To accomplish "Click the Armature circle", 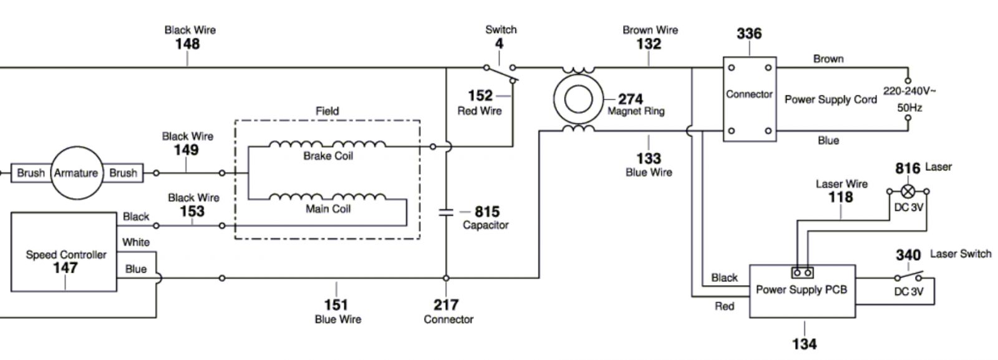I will (x=76, y=173).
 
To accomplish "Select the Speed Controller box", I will (x=64, y=252).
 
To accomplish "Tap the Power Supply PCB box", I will (x=802, y=291).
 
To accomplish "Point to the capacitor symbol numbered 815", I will (x=446, y=212).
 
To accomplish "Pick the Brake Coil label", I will (x=328, y=155).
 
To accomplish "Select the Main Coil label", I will (x=328, y=208).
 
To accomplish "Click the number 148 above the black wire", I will (x=187, y=44).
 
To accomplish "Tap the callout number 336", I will (x=748, y=34).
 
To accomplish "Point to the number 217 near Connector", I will (x=446, y=304).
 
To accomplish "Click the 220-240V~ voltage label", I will (x=909, y=91).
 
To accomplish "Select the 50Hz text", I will (x=909, y=107).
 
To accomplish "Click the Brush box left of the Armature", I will (x=31, y=173).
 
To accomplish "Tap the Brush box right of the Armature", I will (x=123, y=173).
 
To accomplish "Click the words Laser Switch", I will (x=960, y=254).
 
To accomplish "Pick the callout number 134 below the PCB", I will (x=804, y=344).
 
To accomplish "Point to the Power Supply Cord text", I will (x=830, y=100).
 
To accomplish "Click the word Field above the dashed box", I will (x=327, y=111).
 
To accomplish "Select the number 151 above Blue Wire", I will (x=336, y=304).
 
